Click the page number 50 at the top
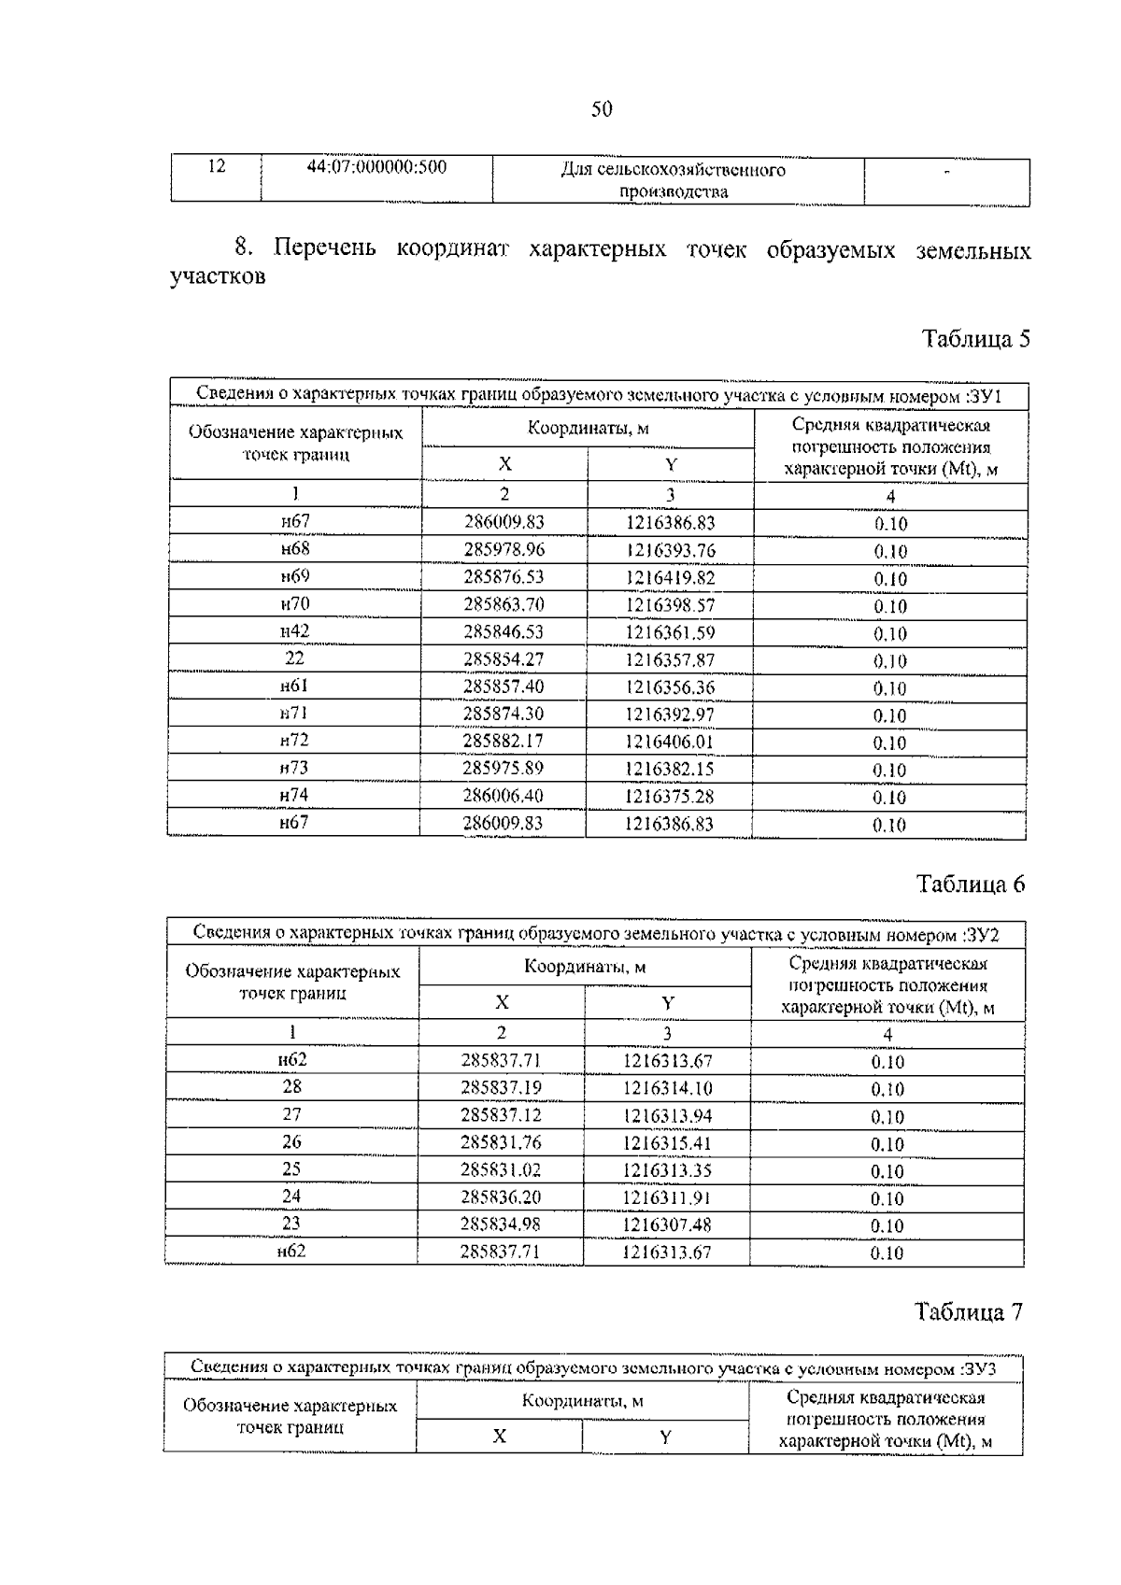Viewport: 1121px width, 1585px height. (x=602, y=109)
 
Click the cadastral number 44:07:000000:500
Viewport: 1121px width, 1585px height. (x=376, y=167)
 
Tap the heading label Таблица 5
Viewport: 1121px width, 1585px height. (x=975, y=338)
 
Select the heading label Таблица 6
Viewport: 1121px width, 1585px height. (x=971, y=884)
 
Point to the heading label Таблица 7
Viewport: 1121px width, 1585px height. (x=969, y=1311)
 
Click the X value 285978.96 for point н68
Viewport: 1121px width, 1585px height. (x=504, y=549)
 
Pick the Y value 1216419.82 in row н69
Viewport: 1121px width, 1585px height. (x=670, y=577)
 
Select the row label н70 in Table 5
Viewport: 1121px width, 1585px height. (x=294, y=603)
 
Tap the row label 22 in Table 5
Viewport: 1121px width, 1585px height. (x=294, y=658)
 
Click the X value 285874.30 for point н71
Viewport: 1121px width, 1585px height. (x=504, y=714)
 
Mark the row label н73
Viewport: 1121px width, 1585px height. (x=294, y=768)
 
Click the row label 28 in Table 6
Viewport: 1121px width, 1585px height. (x=291, y=1087)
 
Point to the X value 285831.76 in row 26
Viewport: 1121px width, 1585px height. (x=501, y=1142)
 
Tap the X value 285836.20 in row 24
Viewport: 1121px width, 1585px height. (x=501, y=1196)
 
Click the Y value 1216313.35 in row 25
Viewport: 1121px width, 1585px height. (x=667, y=1169)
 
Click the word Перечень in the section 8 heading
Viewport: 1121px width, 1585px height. (x=325, y=248)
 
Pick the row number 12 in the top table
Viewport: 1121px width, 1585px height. (x=216, y=166)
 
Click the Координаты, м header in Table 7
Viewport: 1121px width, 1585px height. (x=582, y=1401)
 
